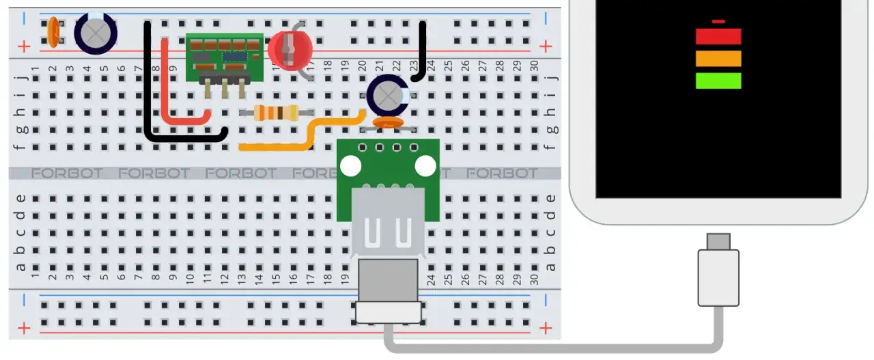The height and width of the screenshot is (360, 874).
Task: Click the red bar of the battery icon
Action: [x=718, y=36]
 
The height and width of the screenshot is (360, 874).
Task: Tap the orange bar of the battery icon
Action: [x=718, y=59]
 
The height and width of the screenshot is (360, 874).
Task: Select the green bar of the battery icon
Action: [x=718, y=81]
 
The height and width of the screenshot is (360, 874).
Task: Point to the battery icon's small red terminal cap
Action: [x=718, y=22]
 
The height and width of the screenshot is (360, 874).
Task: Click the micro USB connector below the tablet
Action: [x=718, y=242]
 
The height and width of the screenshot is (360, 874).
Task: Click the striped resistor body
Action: [x=276, y=113]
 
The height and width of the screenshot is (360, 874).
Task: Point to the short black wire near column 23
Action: [x=422, y=51]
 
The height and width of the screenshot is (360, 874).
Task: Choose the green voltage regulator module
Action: [x=224, y=55]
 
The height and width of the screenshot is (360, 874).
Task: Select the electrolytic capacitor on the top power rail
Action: [x=96, y=32]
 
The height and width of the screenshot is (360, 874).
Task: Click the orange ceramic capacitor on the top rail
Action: [x=52, y=33]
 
